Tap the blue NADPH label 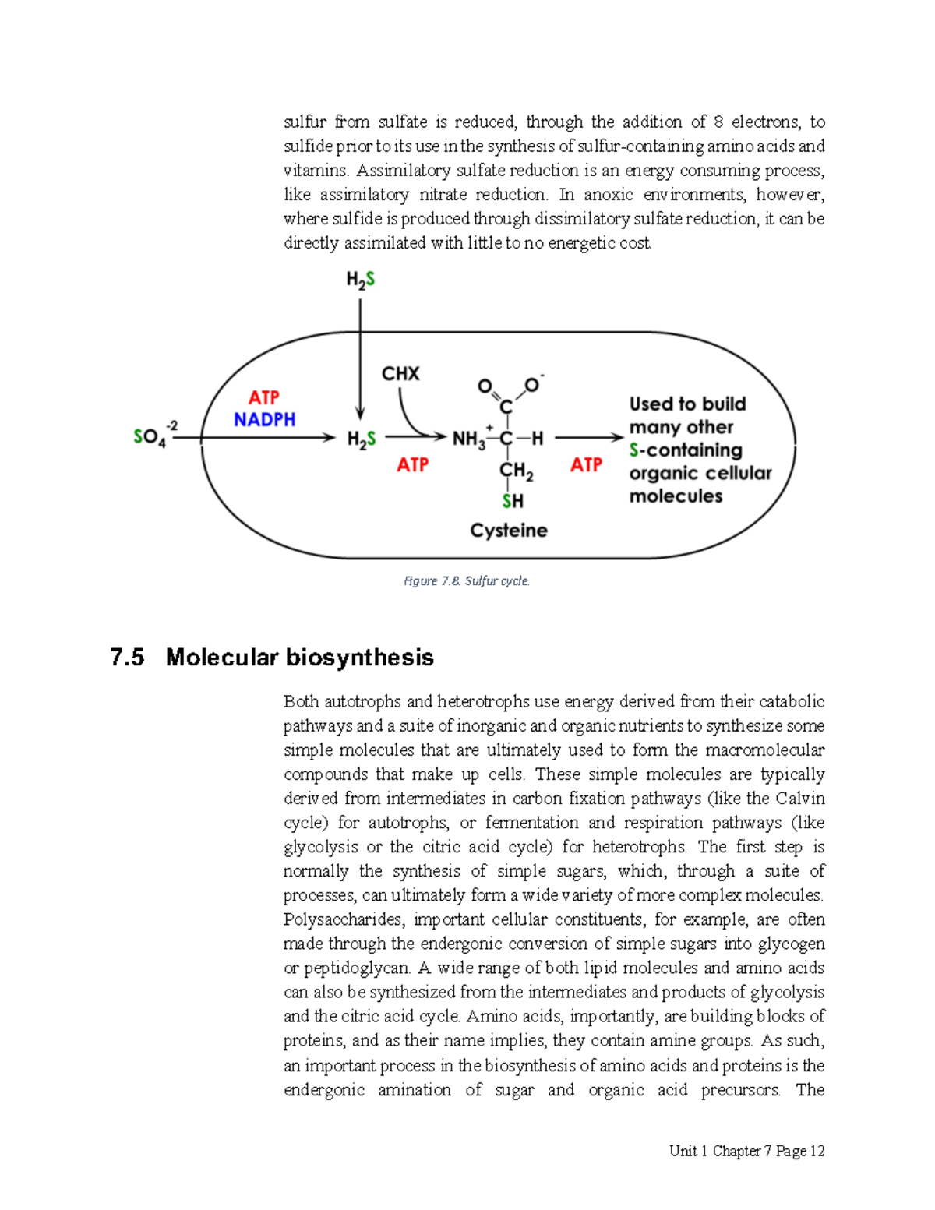pyautogui.click(x=264, y=420)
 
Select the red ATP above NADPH pyautogui.click(x=264, y=397)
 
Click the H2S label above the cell pyautogui.click(x=360, y=279)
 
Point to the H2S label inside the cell pyautogui.click(x=361, y=439)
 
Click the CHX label pyautogui.click(x=400, y=374)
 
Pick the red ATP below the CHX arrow pyautogui.click(x=412, y=465)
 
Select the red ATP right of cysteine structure pyautogui.click(x=586, y=465)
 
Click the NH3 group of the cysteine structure pyautogui.click(x=468, y=439)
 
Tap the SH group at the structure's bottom pyautogui.click(x=513, y=501)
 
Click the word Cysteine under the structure pyautogui.click(x=508, y=531)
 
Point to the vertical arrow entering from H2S pyautogui.click(x=360, y=358)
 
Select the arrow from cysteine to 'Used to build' pyautogui.click(x=588, y=439)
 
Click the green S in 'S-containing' pyautogui.click(x=633, y=450)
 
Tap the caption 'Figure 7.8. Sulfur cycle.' pyautogui.click(x=466, y=581)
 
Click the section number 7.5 pyautogui.click(x=127, y=658)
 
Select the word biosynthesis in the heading pyautogui.click(x=359, y=658)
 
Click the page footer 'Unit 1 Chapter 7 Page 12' pyautogui.click(x=746, y=1151)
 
